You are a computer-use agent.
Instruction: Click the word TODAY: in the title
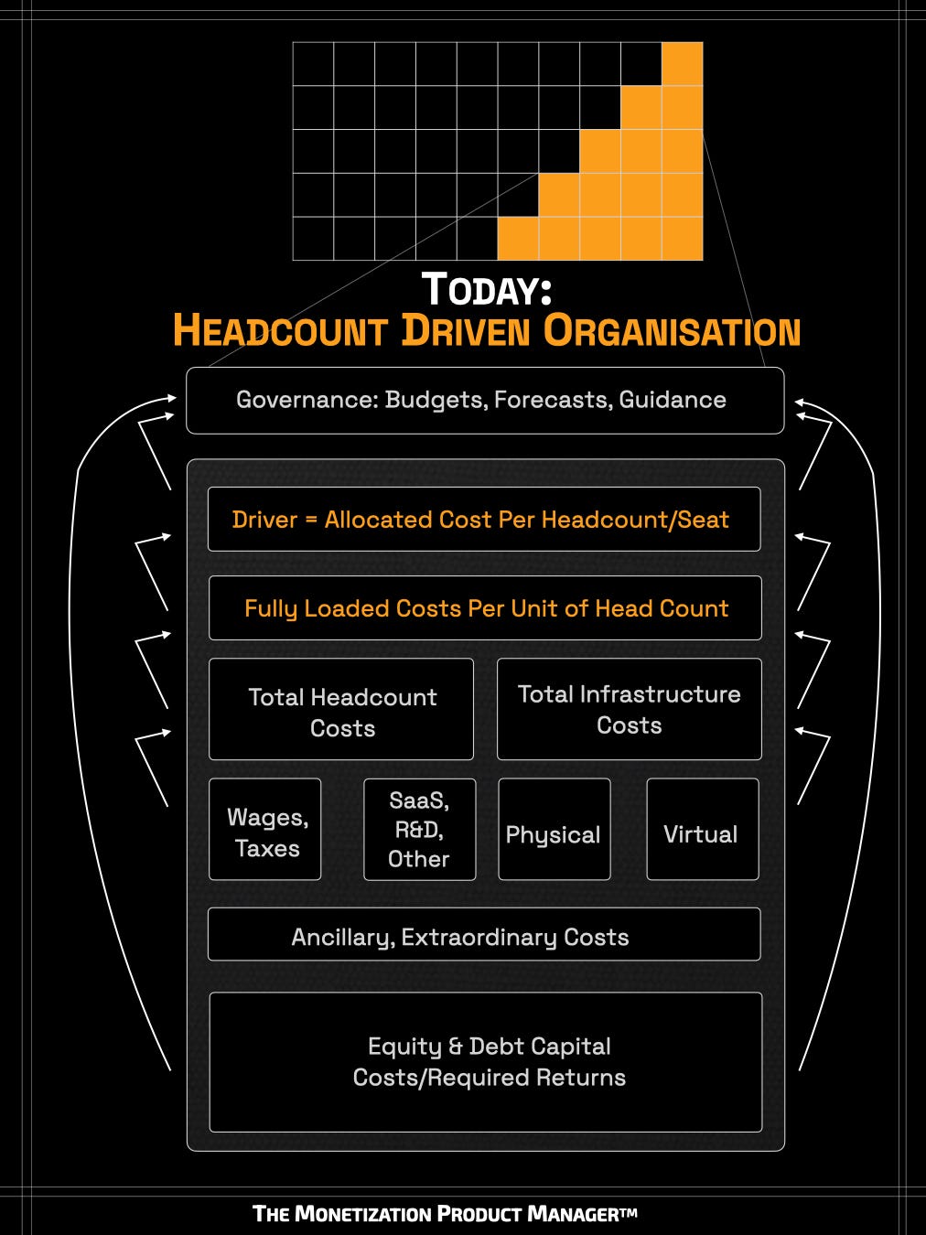tap(486, 289)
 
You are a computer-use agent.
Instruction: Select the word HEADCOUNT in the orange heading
tap(280, 330)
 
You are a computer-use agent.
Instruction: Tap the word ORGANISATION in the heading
tap(672, 330)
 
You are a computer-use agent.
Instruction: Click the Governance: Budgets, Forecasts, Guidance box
tap(484, 401)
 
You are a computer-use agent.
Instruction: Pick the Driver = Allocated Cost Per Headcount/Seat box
tap(483, 520)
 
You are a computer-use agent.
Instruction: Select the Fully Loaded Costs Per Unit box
tap(485, 608)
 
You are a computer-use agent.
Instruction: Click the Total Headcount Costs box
tap(341, 710)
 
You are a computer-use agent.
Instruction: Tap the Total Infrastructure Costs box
tap(629, 709)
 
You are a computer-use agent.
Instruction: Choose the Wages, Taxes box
tap(265, 830)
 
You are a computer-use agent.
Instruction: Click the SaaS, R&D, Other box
tap(419, 830)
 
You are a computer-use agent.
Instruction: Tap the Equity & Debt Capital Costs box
tap(486, 1062)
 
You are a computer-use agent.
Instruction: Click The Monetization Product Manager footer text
tap(445, 1214)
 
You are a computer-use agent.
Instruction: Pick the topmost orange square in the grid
tap(682, 63)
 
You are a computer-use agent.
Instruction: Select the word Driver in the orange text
tap(264, 520)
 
